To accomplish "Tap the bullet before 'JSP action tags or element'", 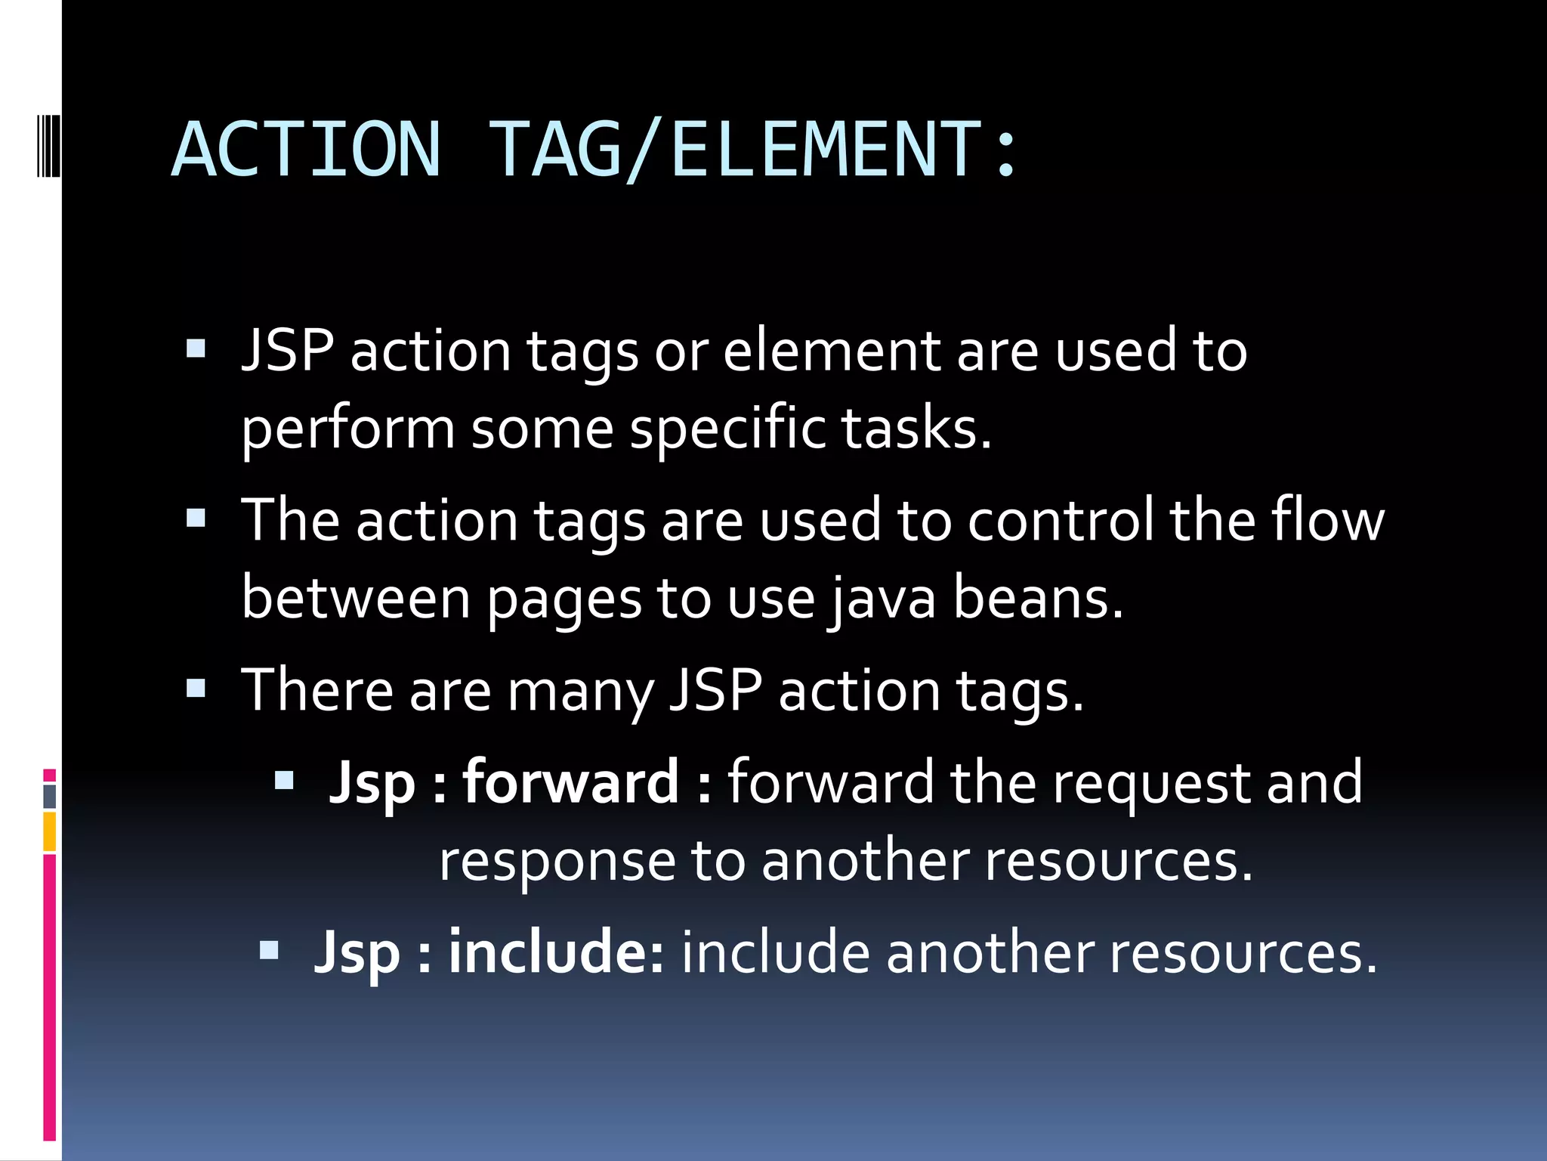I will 196,348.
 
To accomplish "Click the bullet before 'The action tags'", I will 196,518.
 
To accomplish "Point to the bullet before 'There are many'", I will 196,688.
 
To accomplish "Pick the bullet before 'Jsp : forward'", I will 284,780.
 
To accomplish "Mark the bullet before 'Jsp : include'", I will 269,949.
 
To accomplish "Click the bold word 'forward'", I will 570,782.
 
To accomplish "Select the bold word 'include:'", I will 557,952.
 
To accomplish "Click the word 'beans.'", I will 1038,598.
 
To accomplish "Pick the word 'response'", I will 557,862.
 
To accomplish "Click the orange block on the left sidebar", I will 50,831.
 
